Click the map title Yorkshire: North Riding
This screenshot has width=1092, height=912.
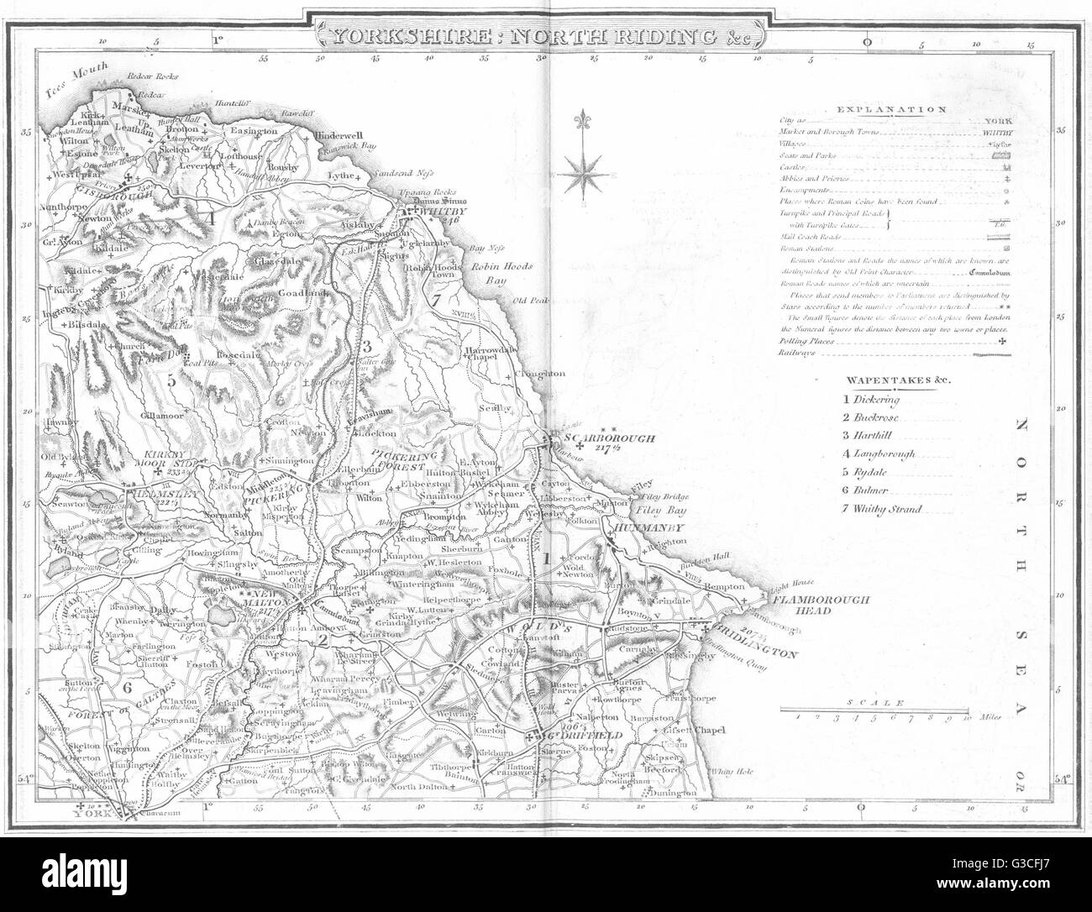click(x=546, y=36)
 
